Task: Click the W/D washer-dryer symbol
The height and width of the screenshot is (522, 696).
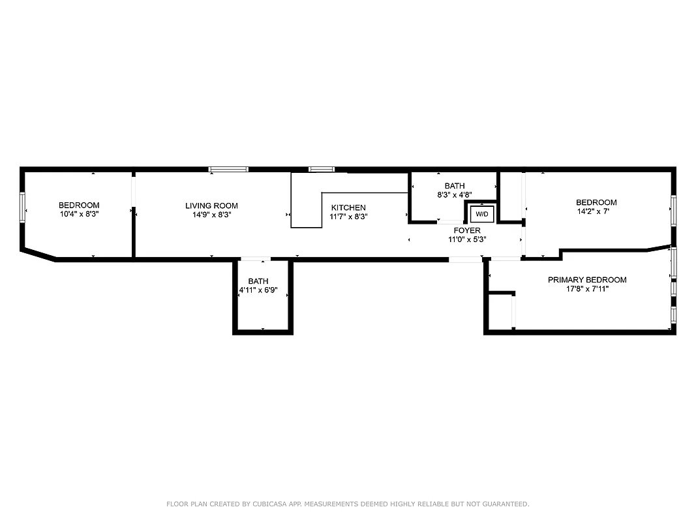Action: click(482, 213)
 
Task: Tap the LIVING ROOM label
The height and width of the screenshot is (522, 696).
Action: click(211, 206)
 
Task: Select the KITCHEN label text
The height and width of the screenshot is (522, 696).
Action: click(348, 207)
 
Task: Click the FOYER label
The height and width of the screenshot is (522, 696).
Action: click(467, 230)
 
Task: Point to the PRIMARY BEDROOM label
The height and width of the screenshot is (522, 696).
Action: click(586, 280)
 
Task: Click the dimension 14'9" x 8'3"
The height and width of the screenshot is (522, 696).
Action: click(211, 214)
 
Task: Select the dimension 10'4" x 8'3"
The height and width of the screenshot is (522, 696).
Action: click(78, 213)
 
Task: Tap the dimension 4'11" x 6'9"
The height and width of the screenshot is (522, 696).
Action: click(258, 290)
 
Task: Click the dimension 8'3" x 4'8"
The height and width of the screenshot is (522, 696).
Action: click(455, 194)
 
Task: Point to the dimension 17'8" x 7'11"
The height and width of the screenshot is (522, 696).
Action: click(586, 288)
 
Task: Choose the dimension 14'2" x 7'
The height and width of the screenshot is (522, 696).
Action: click(596, 211)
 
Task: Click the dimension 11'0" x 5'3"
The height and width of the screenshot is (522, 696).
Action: click(467, 239)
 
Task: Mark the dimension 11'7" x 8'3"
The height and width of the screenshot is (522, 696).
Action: click(348, 217)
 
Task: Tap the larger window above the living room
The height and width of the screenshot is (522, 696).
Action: click(228, 170)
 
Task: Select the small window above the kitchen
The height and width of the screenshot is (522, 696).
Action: click(321, 170)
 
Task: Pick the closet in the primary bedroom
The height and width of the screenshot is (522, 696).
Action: click(501, 312)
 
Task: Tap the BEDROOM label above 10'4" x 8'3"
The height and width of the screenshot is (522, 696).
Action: click(78, 205)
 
